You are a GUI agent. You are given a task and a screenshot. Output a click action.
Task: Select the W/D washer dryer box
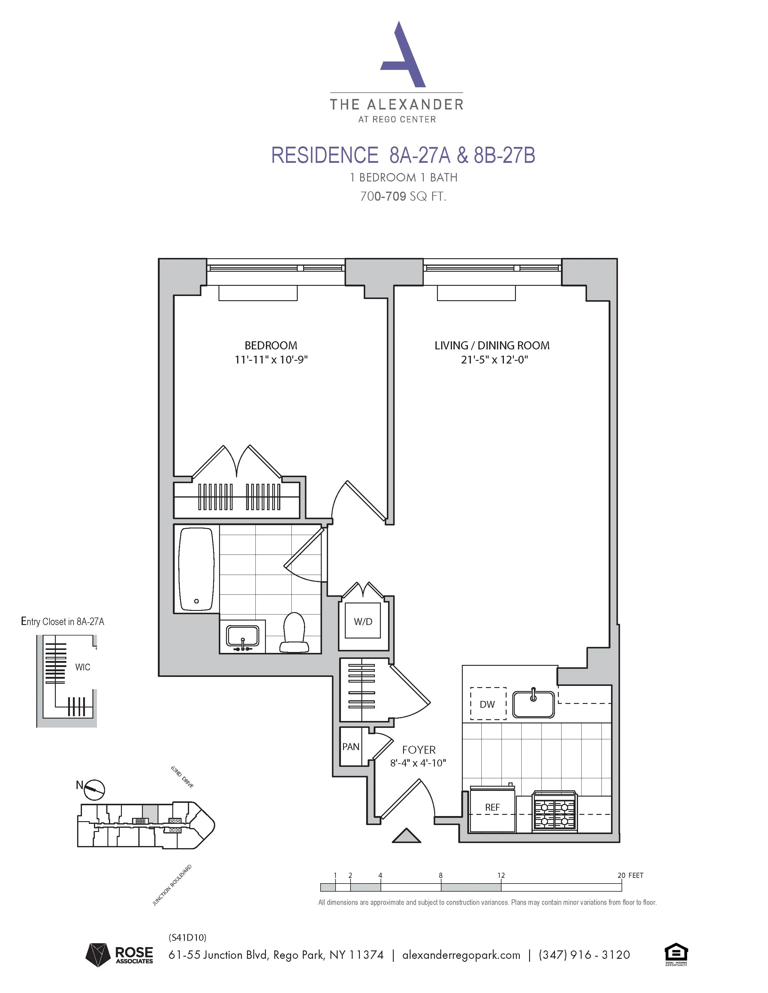click(363, 621)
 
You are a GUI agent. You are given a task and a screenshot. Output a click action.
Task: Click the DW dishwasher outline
click(488, 704)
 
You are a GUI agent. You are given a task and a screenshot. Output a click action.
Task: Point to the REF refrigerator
click(492, 807)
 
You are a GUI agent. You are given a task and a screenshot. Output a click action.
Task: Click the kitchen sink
click(533, 704)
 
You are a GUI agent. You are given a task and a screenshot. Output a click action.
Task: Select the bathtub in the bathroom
click(196, 568)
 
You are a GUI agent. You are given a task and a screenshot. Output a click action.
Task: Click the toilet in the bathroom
click(294, 632)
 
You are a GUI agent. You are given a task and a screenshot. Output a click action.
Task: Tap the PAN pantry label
click(351, 746)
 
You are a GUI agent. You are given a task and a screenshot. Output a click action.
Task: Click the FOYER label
click(419, 750)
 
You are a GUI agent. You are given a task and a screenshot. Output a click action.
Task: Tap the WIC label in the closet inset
click(83, 667)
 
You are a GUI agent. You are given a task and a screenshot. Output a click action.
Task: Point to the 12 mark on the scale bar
click(501, 875)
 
